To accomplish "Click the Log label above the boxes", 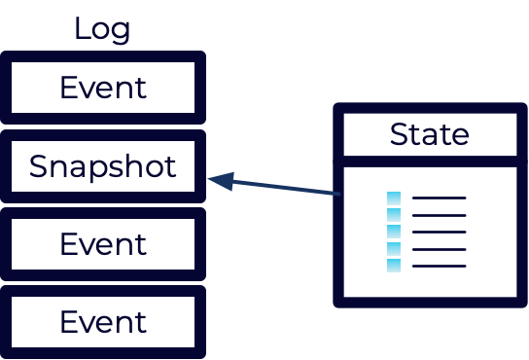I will coord(103,29).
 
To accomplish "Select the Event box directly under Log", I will coord(103,88).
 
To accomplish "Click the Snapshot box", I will coord(103,166).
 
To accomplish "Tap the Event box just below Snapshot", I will coord(103,243).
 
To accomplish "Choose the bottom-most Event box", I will coord(103,321).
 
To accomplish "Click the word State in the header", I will coord(429,134).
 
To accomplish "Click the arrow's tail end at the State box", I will coord(338,194).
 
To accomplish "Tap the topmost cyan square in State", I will coord(394,198).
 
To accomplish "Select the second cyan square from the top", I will coord(394,215).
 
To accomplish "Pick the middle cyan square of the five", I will coord(394,232).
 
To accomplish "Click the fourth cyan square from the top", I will coord(394,248).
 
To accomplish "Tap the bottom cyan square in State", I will coord(394,265).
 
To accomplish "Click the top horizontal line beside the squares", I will coord(440,198).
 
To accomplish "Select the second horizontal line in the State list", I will coord(440,215).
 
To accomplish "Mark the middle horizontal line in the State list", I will coord(440,232).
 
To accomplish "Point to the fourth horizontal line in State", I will coord(440,249).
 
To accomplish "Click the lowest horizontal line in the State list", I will coord(440,266).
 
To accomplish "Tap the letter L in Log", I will coord(82,29).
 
